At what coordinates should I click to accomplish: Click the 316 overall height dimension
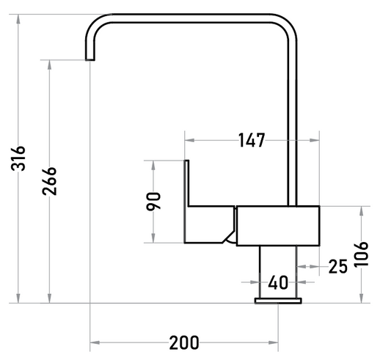click(18, 158)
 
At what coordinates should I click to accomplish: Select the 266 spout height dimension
click(49, 181)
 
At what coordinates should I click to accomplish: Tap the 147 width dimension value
click(252, 140)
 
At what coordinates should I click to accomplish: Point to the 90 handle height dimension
click(153, 202)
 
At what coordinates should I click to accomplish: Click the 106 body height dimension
click(362, 254)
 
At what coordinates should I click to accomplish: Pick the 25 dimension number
click(338, 266)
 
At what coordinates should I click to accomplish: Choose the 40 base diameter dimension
click(278, 282)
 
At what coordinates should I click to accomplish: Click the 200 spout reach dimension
click(184, 342)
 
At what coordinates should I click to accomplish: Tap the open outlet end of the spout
click(90, 59)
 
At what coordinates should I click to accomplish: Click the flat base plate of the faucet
click(278, 301)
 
